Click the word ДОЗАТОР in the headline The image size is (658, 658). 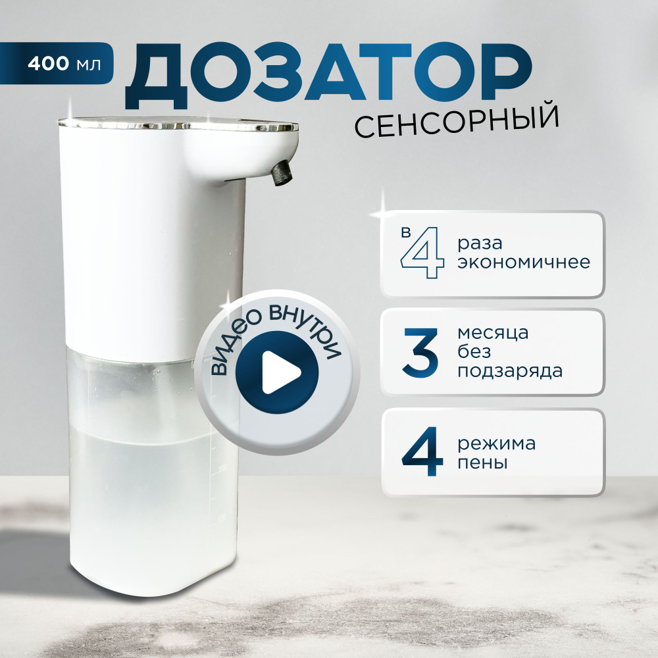[328, 76]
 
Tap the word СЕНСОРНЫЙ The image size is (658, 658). [457, 122]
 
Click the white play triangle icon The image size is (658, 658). [281, 372]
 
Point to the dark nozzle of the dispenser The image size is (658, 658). [282, 172]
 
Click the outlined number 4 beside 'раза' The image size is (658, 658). [422, 253]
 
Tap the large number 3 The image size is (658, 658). [420, 352]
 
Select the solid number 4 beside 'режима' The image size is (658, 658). [422, 451]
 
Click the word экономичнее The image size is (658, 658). [524, 263]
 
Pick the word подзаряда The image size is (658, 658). [510, 371]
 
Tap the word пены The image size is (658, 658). [482, 463]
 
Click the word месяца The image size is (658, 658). [493, 333]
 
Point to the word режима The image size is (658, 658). [496, 444]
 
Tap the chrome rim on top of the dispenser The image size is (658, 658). [178, 124]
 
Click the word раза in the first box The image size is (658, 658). [480, 243]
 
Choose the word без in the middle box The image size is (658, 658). [474, 351]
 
